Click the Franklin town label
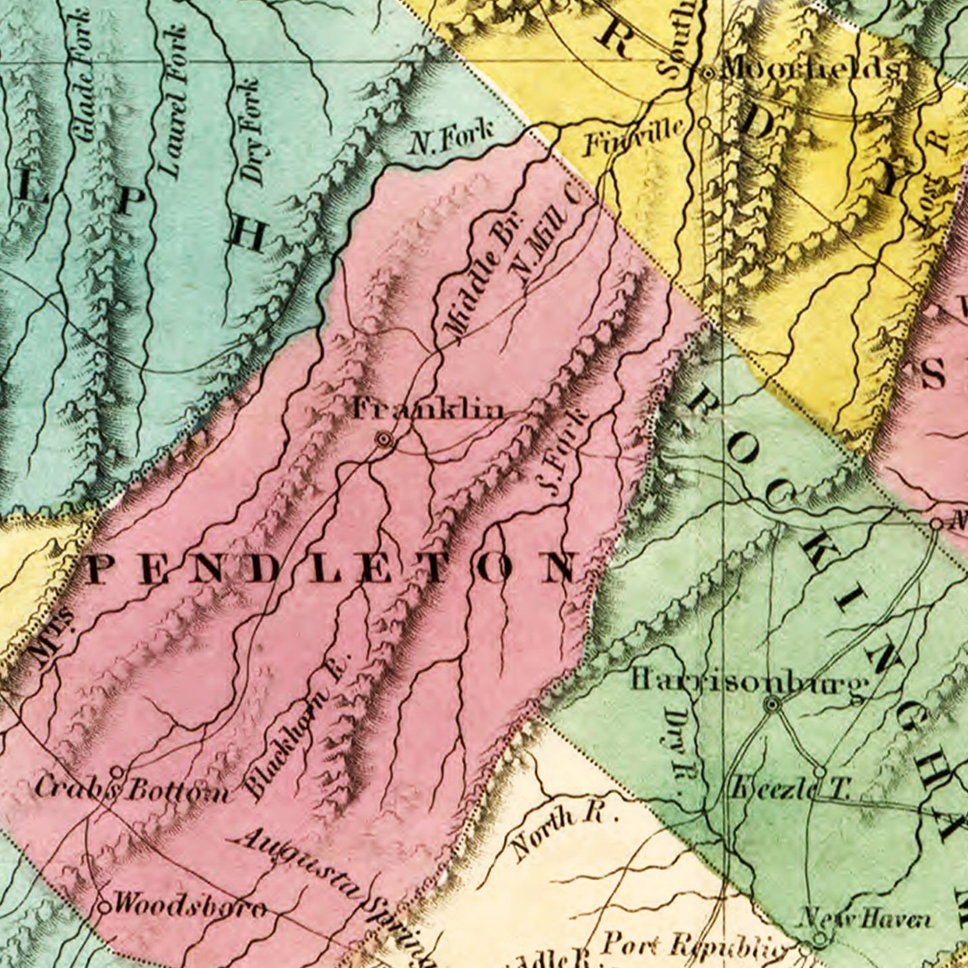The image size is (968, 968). pyautogui.click(x=427, y=409)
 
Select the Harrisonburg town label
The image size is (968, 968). pyautogui.click(x=749, y=681)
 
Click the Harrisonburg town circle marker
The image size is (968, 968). pyautogui.click(x=772, y=705)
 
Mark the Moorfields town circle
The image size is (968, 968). pyautogui.click(x=708, y=74)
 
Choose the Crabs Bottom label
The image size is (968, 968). pyautogui.click(x=132, y=789)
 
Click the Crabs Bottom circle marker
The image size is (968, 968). pyautogui.click(x=117, y=771)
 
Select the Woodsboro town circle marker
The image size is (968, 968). pyautogui.click(x=103, y=907)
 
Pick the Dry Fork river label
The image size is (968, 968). pyautogui.click(x=250, y=132)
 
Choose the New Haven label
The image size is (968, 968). pyautogui.click(x=865, y=918)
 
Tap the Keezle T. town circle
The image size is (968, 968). pyautogui.click(x=819, y=772)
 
